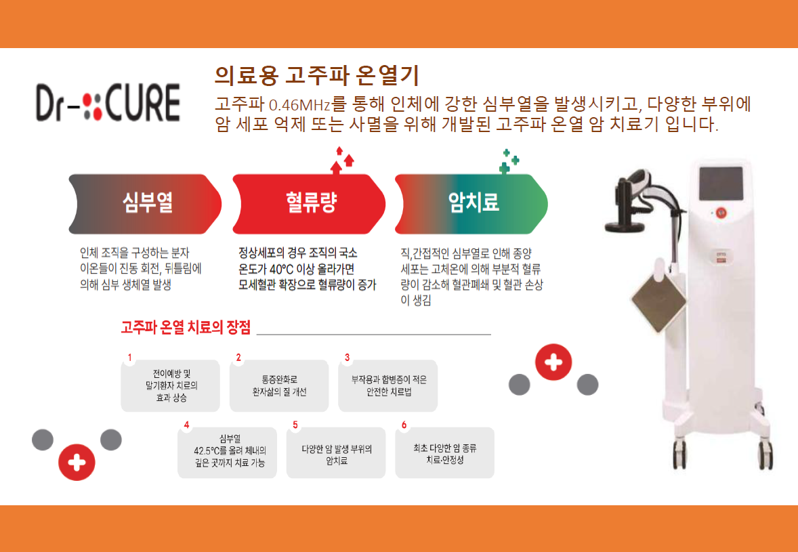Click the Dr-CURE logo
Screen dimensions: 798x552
click(x=108, y=103)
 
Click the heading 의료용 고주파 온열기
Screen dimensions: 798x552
click(x=316, y=76)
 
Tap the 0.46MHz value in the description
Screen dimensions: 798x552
click(x=300, y=105)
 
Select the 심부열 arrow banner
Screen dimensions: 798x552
click(x=145, y=204)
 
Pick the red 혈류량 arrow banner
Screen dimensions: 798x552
click(x=309, y=204)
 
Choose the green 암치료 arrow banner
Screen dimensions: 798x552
click(x=471, y=204)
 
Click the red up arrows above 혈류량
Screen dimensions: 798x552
click(x=342, y=161)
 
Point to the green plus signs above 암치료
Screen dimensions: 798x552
click(x=509, y=161)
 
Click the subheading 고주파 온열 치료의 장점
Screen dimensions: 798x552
click(x=186, y=327)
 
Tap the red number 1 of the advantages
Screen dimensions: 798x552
click(x=130, y=358)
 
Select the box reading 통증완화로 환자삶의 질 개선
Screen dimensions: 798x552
click(x=279, y=385)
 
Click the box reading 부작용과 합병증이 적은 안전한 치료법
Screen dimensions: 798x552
click(x=387, y=385)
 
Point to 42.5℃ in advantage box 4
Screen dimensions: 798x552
click(x=206, y=451)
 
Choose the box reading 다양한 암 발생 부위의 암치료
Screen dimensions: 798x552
click(x=336, y=452)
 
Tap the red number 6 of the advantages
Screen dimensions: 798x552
click(x=404, y=425)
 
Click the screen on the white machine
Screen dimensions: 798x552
click(x=721, y=184)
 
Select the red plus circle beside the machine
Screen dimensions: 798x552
click(x=553, y=362)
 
